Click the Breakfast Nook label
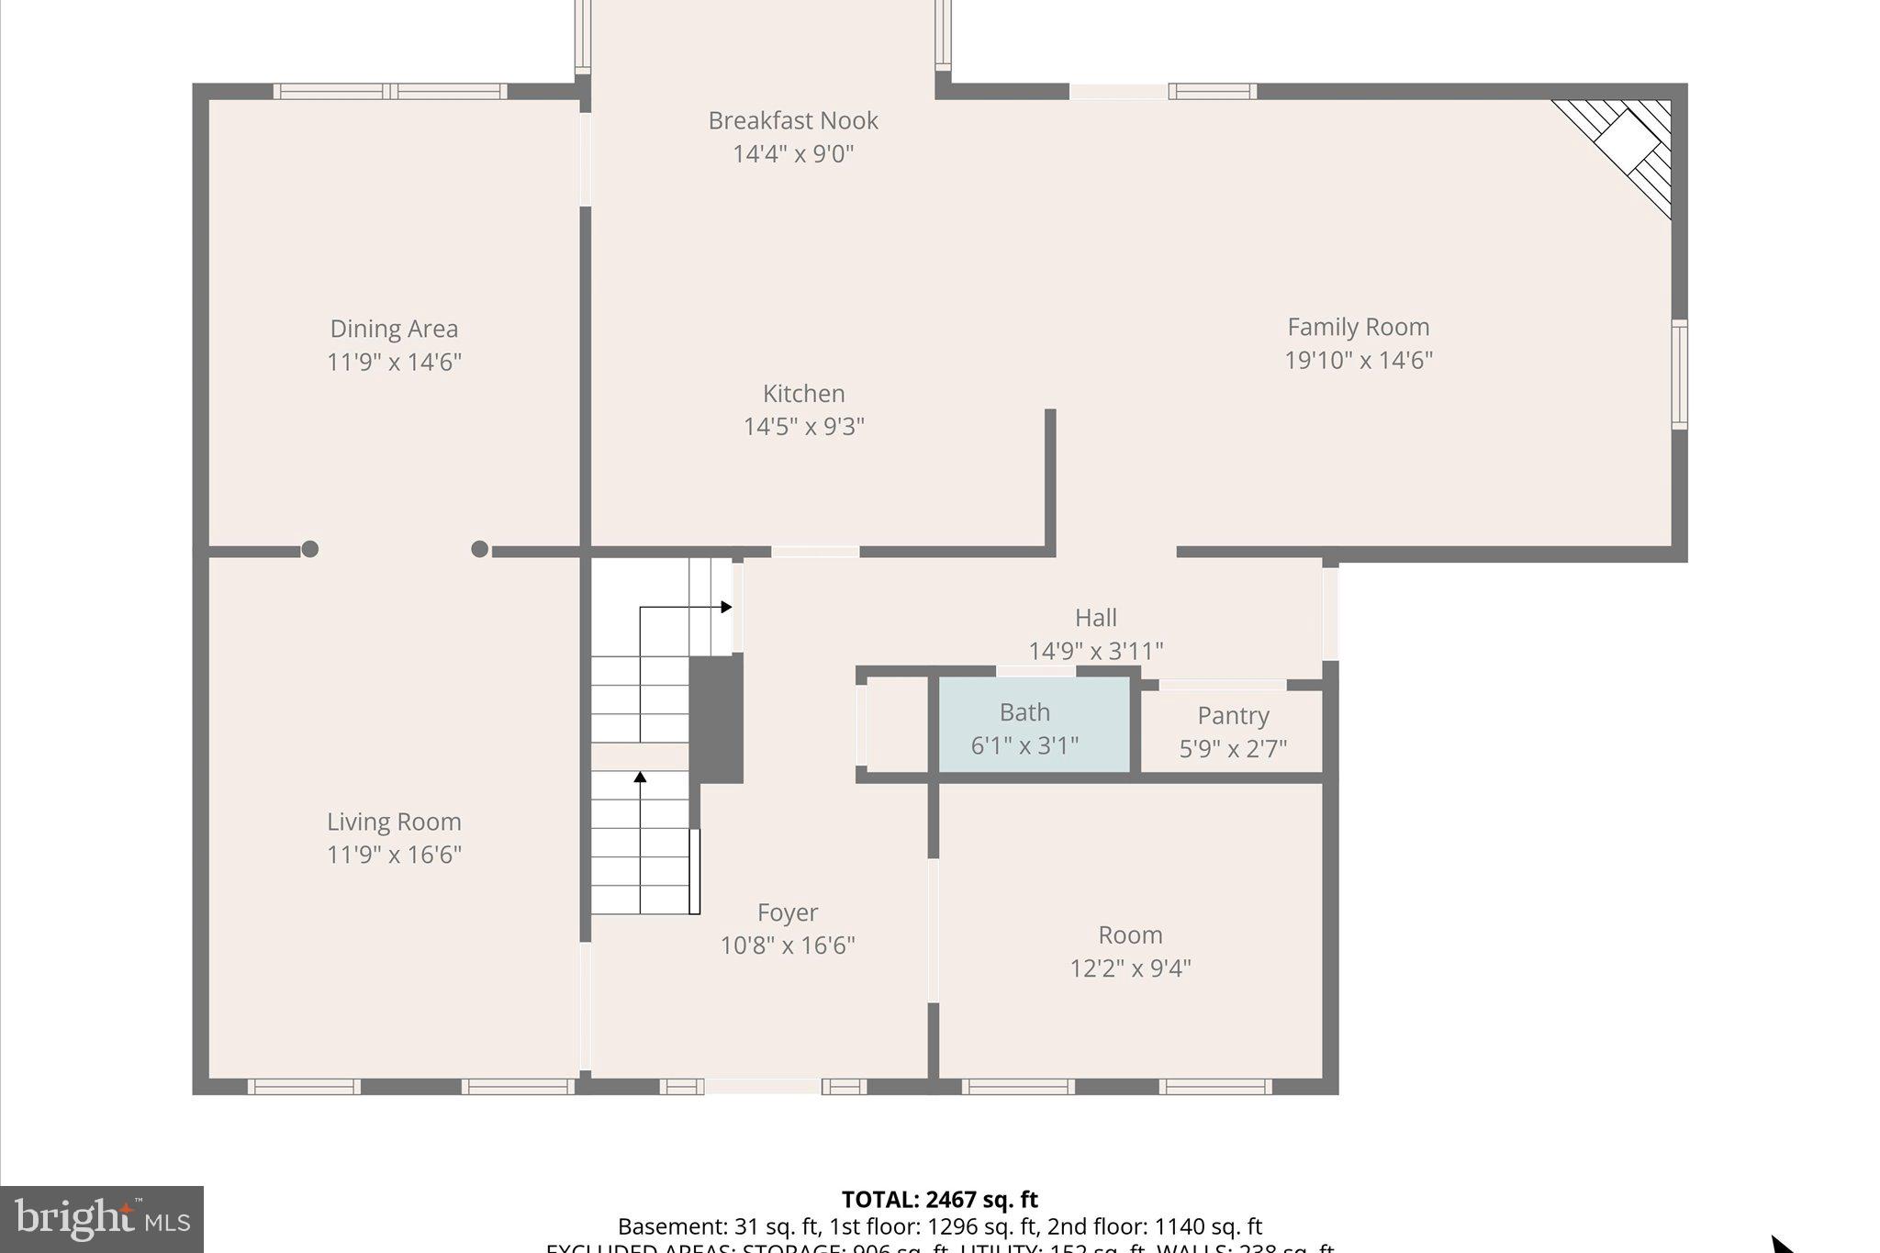coord(793,121)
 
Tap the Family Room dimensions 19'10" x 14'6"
coord(1358,360)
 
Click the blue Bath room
coord(1033,726)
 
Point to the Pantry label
coord(1233,715)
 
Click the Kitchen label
coord(803,394)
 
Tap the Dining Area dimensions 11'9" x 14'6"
coord(394,362)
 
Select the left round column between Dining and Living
coord(310,549)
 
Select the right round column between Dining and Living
coord(479,549)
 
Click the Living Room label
coord(394,822)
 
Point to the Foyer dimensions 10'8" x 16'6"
coord(788,945)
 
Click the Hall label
coord(1095,618)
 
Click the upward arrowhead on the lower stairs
coord(640,778)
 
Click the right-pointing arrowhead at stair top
coord(726,607)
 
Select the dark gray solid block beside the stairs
coord(716,718)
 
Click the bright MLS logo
coord(102,1219)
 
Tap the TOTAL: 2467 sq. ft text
coord(939,1200)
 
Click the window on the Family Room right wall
coord(1678,374)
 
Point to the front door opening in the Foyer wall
coord(762,1086)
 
